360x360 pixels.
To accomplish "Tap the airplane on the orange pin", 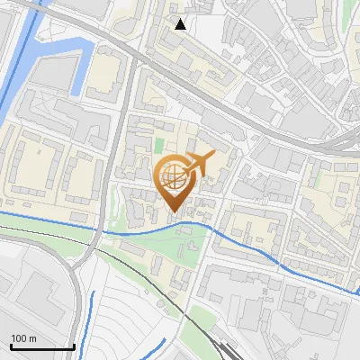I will [200, 163].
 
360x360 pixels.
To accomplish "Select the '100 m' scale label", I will [24, 337].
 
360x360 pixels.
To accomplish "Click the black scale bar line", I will [41, 346].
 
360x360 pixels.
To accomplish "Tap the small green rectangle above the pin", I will [159, 144].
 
